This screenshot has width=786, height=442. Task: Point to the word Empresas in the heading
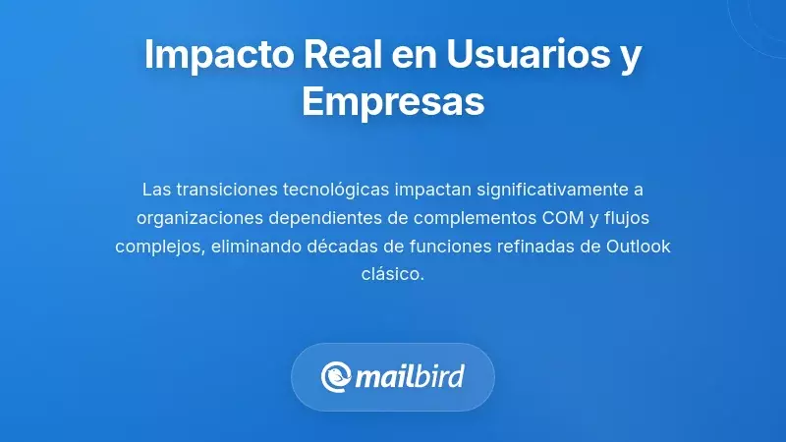393,101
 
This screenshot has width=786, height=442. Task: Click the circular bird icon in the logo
337,377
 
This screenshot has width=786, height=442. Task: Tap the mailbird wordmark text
409,377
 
